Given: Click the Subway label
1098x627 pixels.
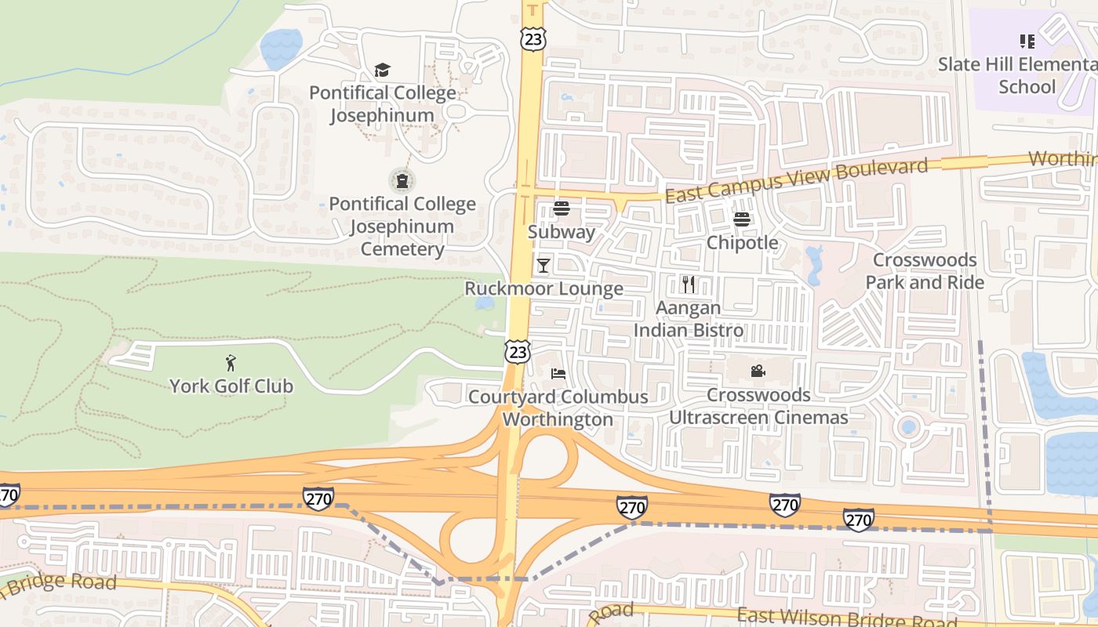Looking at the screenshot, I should (561, 232).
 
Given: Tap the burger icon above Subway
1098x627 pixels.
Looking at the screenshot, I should (561, 208).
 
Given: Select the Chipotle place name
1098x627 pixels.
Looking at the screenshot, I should (742, 243).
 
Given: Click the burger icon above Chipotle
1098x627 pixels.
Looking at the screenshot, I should (742, 219).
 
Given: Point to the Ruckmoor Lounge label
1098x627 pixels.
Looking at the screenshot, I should (544, 288).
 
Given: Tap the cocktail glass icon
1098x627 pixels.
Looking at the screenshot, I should (543, 266).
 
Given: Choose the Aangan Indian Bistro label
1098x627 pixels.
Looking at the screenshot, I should (688, 319).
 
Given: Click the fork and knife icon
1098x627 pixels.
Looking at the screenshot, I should (689, 284).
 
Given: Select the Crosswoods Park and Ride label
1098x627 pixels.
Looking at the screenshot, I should (925, 271).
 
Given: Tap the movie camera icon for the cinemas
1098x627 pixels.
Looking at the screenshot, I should (758, 371).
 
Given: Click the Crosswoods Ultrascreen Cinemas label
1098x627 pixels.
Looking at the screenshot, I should (758, 406).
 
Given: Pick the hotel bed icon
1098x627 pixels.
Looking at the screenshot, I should (558, 373).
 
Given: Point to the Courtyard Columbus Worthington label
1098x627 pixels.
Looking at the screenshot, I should (558, 408).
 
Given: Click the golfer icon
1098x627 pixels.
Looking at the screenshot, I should (231, 363).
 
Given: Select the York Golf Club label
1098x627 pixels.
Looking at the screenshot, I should (231, 386).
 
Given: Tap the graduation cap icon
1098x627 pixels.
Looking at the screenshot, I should (382, 71).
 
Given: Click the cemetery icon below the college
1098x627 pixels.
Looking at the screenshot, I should (402, 181).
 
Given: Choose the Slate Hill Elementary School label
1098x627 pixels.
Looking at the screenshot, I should (1017, 75).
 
